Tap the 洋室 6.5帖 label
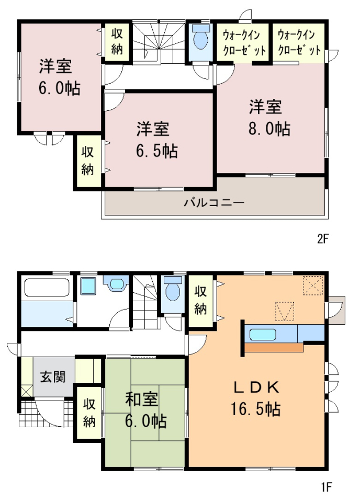[156, 140]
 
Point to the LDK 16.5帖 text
[255, 398]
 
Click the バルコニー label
[214, 203]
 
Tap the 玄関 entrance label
[52, 376]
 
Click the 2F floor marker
[323, 239]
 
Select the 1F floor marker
[327, 487]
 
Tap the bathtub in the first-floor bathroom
[47, 288]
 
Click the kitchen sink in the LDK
[263, 335]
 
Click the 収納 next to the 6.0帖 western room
[117, 42]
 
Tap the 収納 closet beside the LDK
[200, 300]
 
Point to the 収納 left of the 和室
[89, 413]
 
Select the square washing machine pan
[88, 286]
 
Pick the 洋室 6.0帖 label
[60, 77]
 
